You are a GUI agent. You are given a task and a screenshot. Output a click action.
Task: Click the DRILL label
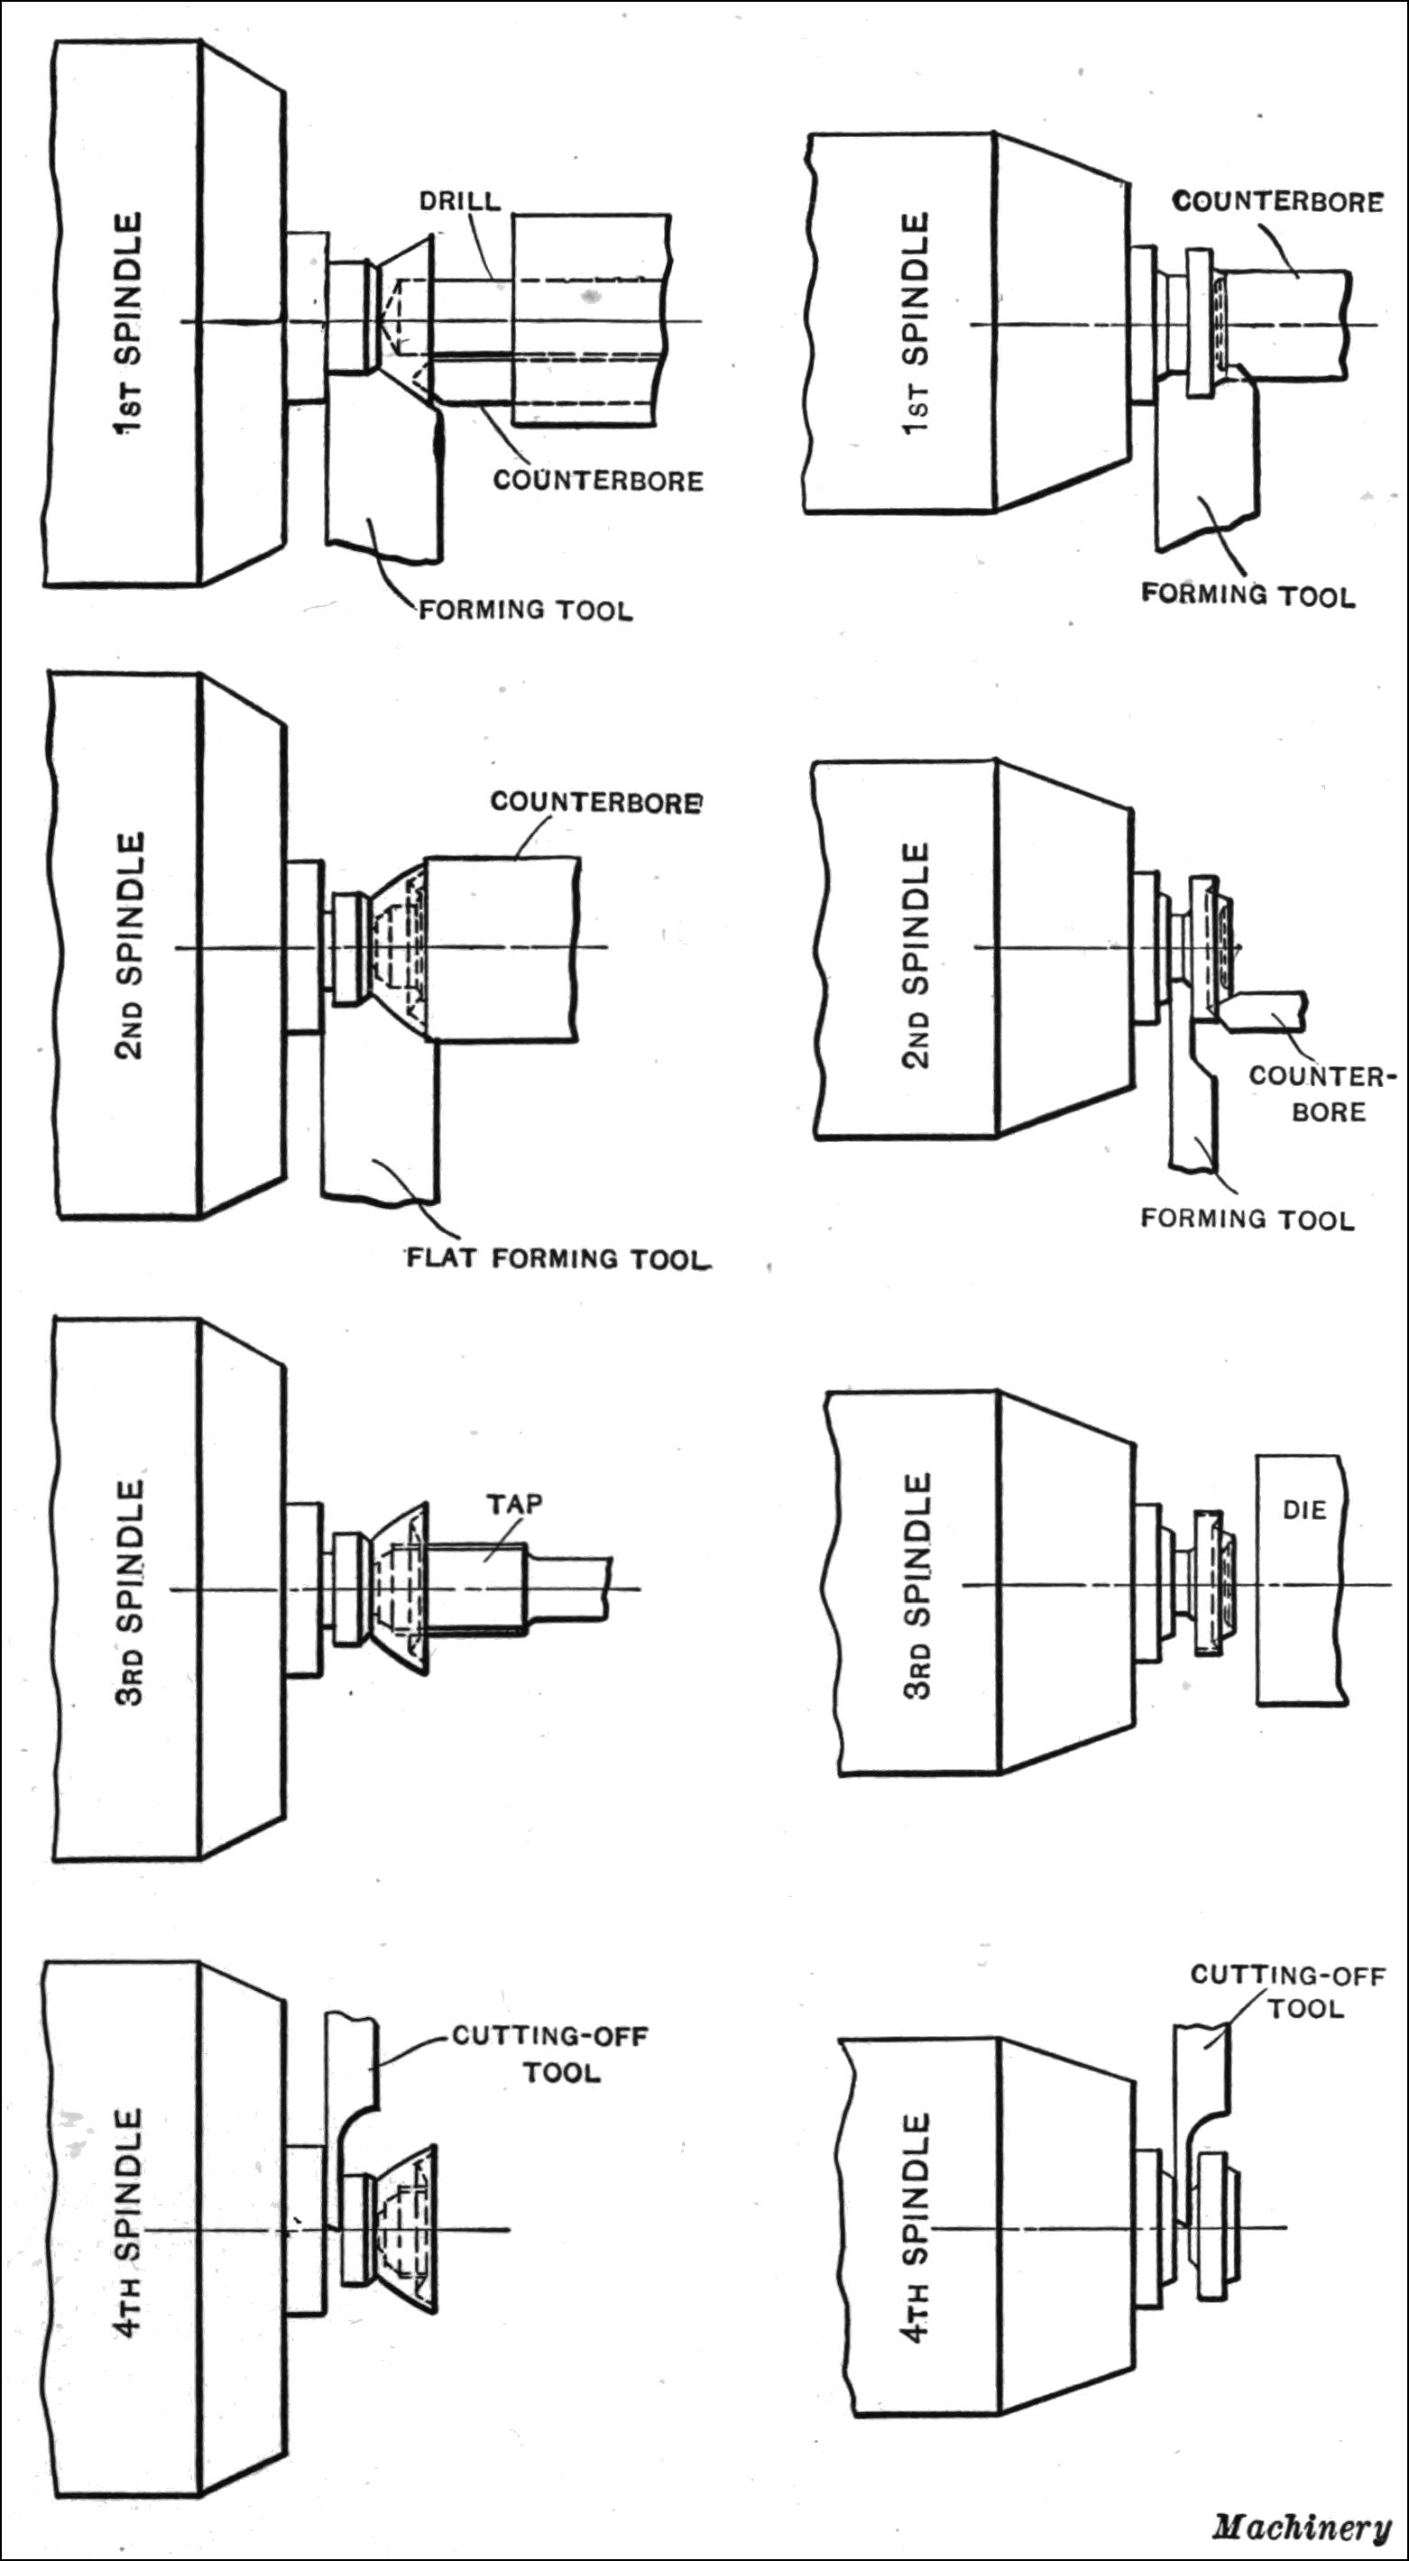point(459,201)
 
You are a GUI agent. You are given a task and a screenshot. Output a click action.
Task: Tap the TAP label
point(514,1503)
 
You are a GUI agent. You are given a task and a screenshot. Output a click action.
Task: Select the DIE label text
point(1303,1510)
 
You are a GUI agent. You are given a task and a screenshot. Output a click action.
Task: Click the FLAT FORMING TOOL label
point(557,1258)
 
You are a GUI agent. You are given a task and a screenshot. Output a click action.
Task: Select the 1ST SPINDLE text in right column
point(915,323)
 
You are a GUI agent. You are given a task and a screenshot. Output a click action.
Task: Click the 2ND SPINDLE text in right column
point(916,954)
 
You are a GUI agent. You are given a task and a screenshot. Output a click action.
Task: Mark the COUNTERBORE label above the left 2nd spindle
point(594,801)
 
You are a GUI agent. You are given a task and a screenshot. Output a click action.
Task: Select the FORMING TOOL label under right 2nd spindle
point(1247,1219)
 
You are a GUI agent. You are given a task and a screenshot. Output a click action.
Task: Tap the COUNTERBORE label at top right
point(1277,202)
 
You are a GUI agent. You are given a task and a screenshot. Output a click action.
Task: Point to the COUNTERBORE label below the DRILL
point(597,480)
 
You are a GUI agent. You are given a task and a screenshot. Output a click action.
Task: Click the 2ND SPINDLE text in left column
point(129,945)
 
